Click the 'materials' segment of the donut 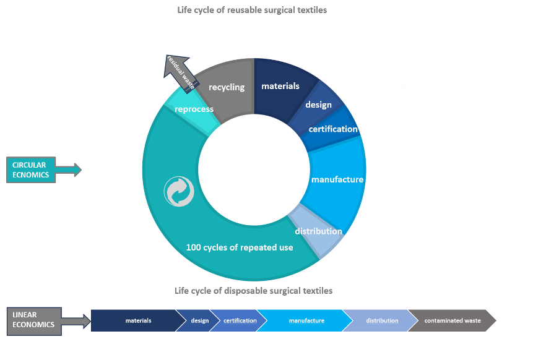click(x=280, y=87)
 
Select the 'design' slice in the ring click(x=319, y=105)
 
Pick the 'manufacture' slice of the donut click(x=337, y=180)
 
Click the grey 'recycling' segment click(x=227, y=87)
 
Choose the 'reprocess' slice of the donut click(x=194, y=109)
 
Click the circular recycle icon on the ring click(x=179, y=191)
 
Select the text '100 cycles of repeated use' click(x=240, y=247)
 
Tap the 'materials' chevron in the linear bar click(x=138, y=321)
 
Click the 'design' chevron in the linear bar click(x=199, y=321)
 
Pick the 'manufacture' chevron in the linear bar click(x=306, y=321)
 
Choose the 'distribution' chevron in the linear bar click(x=382, y=321)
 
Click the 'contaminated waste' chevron click(x=453, y=321)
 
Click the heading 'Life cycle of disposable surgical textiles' click(x=253, y=290)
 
